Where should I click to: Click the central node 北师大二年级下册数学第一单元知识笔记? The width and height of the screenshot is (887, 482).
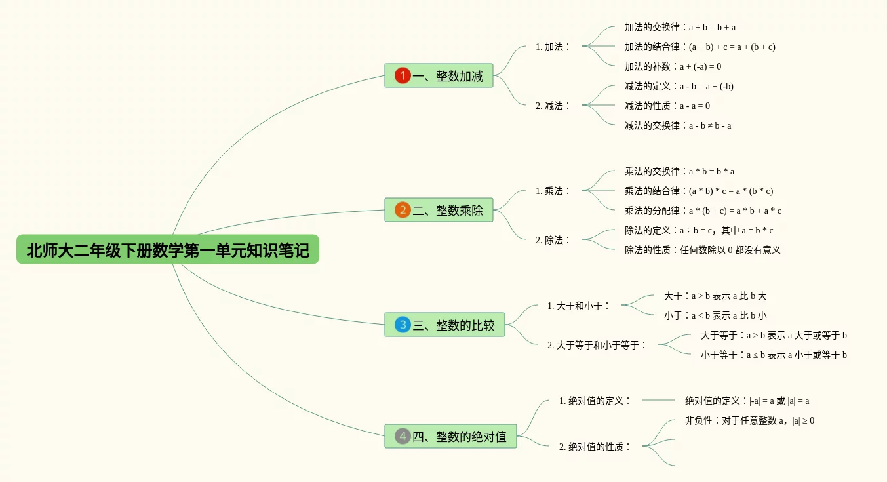tap(168, 250)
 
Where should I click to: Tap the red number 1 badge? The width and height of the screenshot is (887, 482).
tap(403, 76)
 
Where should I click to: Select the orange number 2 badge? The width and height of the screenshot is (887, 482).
tap(403, 210)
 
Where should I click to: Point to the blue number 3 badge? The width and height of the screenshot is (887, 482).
tap(403, 325)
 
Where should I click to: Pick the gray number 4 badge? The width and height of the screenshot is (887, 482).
tap(403, 436)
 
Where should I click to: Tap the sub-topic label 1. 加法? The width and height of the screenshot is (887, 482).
tap(553, 47)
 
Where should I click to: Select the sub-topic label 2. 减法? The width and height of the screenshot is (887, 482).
tap(553, 106)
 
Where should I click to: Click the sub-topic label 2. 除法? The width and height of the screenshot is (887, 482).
tap(553, 240)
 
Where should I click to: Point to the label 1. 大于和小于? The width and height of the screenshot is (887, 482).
tap(579, 306)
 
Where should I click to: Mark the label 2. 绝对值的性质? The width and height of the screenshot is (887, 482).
tap(595, 447)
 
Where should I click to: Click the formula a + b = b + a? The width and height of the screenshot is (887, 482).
tap(712, 28)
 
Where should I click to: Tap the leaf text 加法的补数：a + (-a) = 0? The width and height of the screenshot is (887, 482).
tap(673, 66)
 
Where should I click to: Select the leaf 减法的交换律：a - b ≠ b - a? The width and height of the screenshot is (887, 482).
tap(678, 125)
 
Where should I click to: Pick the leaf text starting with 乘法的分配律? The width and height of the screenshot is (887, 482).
tap(703, 211)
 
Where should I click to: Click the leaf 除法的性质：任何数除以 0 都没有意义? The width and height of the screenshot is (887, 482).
tap(702, 250)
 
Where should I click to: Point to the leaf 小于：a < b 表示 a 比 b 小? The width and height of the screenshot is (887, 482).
tap(715, 315)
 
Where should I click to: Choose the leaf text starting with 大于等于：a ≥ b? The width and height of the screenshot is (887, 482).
tap(774, 335)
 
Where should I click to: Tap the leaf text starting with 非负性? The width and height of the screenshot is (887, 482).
tap(749, 420)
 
